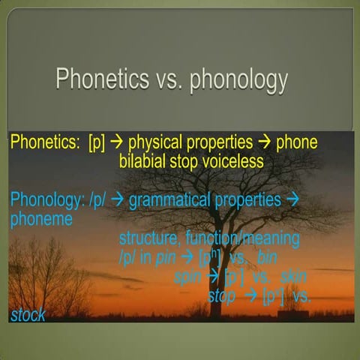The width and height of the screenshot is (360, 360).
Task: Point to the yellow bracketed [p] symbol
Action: (x=97, y=143)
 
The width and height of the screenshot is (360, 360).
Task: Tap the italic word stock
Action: (x=28, y=315)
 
